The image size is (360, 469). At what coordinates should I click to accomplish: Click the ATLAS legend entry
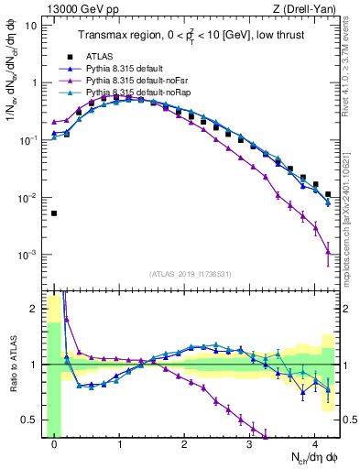pyautogui.click(x=101, y=57)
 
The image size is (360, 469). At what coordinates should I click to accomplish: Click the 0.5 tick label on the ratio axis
pyautogui.click(x=29, y=420)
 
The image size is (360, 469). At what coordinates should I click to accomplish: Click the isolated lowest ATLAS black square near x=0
pyautogui.click(x=54, y=213)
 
